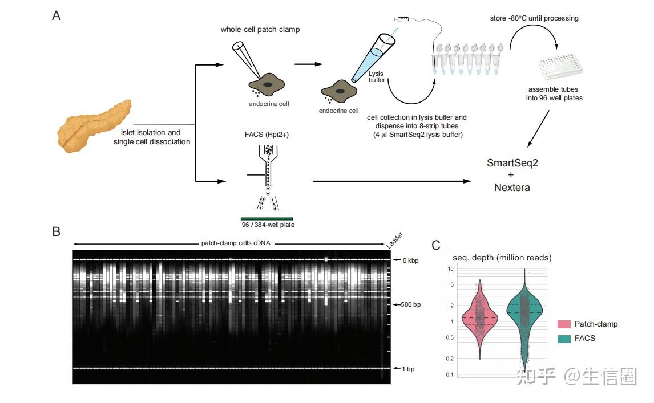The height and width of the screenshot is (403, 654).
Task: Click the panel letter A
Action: [x=56, y=16]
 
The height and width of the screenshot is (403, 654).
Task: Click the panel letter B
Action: [x=56, y=231]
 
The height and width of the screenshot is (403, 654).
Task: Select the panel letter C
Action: [x=436, y=246]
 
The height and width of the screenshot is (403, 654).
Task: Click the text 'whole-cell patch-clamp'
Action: [x=260, y=29]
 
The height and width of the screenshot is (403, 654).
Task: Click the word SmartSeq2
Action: [x=512, y=163]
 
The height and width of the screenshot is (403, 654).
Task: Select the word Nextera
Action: [x=511, y=187]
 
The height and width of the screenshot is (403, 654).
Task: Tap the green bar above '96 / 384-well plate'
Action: [x=267, y=218]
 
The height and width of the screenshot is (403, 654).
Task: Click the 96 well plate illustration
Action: [x=560, y=67]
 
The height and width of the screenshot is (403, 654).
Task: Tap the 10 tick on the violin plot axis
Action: [x=450, y=268]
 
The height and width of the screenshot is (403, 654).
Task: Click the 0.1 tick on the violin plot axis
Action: [x=450, y=374]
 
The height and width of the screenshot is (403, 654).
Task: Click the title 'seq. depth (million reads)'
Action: [x=502, y=258]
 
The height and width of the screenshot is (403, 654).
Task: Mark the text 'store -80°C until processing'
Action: [x=534, y=18]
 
